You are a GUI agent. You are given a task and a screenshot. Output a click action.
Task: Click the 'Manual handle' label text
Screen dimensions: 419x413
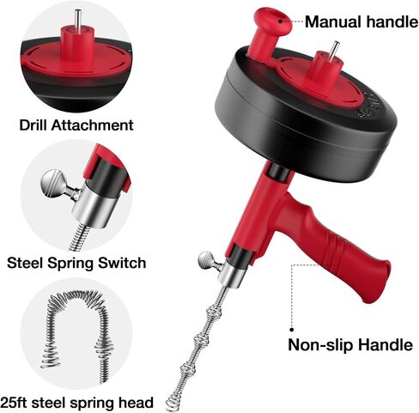[361, 21]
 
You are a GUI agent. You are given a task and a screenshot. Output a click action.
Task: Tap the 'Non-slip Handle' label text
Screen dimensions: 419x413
[350, 344]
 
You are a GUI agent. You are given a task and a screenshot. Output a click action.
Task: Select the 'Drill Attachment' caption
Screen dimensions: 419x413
[76, 125]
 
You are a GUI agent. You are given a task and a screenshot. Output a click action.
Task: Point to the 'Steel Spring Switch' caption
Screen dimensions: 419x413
[76, 263]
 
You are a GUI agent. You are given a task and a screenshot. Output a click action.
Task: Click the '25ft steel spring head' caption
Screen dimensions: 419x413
[76, 403]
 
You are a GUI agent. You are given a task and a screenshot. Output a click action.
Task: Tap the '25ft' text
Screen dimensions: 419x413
[15, 403]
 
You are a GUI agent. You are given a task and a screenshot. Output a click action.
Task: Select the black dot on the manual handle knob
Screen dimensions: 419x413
[281, 21]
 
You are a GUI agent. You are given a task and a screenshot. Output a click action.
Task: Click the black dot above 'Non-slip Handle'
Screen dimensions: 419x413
[292, 330]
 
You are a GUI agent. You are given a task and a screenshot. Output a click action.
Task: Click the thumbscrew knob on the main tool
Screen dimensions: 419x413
[207, 260]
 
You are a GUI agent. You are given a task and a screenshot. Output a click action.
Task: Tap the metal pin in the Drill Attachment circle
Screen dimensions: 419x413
[78, 19]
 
